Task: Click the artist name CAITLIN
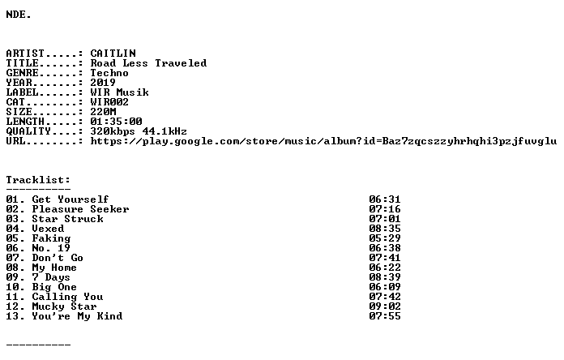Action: click(x=113, y=54)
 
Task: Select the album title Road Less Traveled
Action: click(x=148, y=63)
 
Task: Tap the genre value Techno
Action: click(x=109, y=73)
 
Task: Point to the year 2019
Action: click(x=103, y=83)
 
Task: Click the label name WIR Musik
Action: click(x=119, y=92)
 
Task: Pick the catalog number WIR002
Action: click(x=109, y=102)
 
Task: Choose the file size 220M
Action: click(x=103, y=112)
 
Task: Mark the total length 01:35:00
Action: click(x=116, y=122)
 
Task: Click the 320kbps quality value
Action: click(x=113, y=131)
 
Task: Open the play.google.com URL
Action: click(x=323, y=141)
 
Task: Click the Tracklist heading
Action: click(x=38, y=180)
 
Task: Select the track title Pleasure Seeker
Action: click(x=80, y=209)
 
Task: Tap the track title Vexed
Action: click(x=48, y=229)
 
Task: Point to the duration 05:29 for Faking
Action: click(x=385, y=238)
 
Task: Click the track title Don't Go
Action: click(x=58, y=258)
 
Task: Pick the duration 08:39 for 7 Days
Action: click(x=385, y=277)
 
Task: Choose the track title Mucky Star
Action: click(x=64, y=306)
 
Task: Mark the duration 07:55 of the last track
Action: click(x=385, y=316)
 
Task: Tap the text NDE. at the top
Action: click(x=19, y=15)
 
